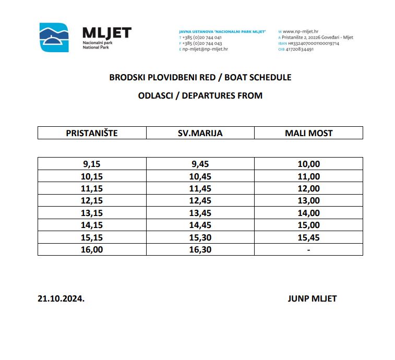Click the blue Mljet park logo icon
[x=54, y=37]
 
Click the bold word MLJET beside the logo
[x=107, y=33]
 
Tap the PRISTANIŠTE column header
[x=92, y=133]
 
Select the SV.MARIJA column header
[x=200, y=133]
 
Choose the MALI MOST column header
[x=308, y=133]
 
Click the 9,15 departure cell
[x=92, y=164]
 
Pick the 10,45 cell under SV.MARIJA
[x=200, y=176]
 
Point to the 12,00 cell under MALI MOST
[x=308, y=188]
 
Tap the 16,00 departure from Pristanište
[x=92, y=249]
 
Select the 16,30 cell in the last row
[x=200, y=249]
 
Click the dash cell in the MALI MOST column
[x=308, y=249]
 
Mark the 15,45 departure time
[x=308, y=237]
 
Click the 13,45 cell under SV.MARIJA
[x=200, y=213]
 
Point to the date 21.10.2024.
[x=61, y=299]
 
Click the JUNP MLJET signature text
[x=312, y=299]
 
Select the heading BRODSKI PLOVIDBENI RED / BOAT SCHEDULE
[x=200, y=77]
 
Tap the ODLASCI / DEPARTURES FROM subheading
[x=200, y=95]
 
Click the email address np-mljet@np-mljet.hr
[x=205, y=49]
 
